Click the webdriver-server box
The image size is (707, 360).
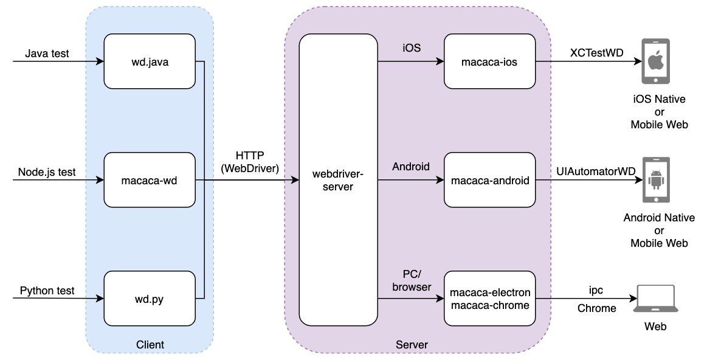pyautogui.click(x=338, y=180)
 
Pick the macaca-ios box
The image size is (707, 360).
pyautogui.click(x=490, y=61)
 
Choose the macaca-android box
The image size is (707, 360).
pyautogui.click(x=490, y=180)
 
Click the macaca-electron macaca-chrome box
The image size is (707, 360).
pyautogui.click(x=490, y=299)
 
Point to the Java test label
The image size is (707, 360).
pyautogui.click(x=47, y=54)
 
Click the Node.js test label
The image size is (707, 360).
pyautogui.click(x=47, y=172)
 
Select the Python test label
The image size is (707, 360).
pyautogui.click(x=47, y=291)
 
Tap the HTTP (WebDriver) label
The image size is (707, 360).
pyautogui.click(x=250, y=162)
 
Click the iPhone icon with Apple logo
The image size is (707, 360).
pyautogui.click(x=655, y=61)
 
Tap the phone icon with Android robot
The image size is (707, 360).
pyautogui.click(x=655, y=181)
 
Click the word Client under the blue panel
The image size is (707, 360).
pyautogui.click(x=150, y=345)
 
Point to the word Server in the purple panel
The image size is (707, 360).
pyautogui.click(x=412, y=345)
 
